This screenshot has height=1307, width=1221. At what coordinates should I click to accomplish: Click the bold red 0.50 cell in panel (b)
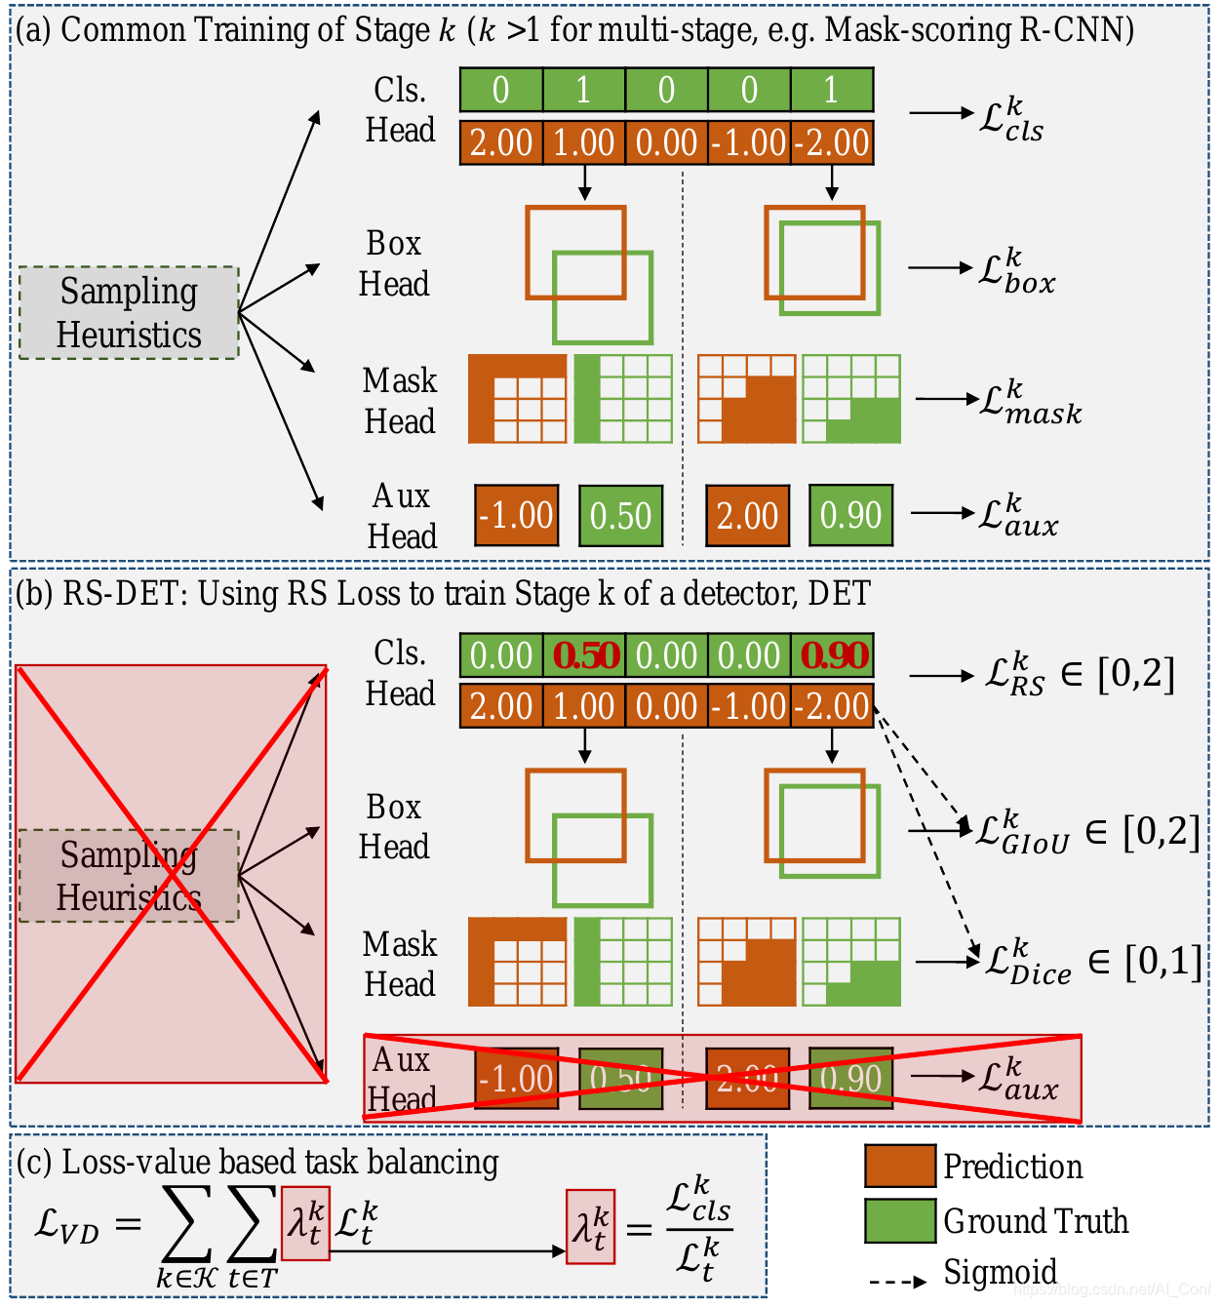point(585,656)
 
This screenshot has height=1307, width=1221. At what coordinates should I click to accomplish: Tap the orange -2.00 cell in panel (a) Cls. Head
point(832,142)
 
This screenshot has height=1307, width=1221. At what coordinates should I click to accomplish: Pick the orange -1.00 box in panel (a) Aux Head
point(517,515)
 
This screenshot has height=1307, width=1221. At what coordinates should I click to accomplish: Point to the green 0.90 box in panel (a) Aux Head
point(850,515)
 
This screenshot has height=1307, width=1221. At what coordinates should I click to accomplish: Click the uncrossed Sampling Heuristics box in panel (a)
point(129,312)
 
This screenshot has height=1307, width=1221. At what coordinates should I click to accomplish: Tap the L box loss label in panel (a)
point(1016,271)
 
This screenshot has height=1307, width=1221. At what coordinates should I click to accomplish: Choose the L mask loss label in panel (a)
point(1030,403)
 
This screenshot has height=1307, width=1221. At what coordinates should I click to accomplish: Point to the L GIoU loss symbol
point(1022,833)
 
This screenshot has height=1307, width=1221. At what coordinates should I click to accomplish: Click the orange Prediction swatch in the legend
point(899,1167)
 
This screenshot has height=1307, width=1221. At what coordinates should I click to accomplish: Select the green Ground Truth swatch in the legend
point(899,1221)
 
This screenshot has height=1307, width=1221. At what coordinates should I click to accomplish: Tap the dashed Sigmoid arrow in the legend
point(896,1281)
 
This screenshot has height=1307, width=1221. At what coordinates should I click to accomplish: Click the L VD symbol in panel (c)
point(66,1225)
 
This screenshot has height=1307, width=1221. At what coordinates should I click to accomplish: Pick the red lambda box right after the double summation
point(305,1223)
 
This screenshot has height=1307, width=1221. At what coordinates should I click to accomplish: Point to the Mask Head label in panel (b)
point(399,964)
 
